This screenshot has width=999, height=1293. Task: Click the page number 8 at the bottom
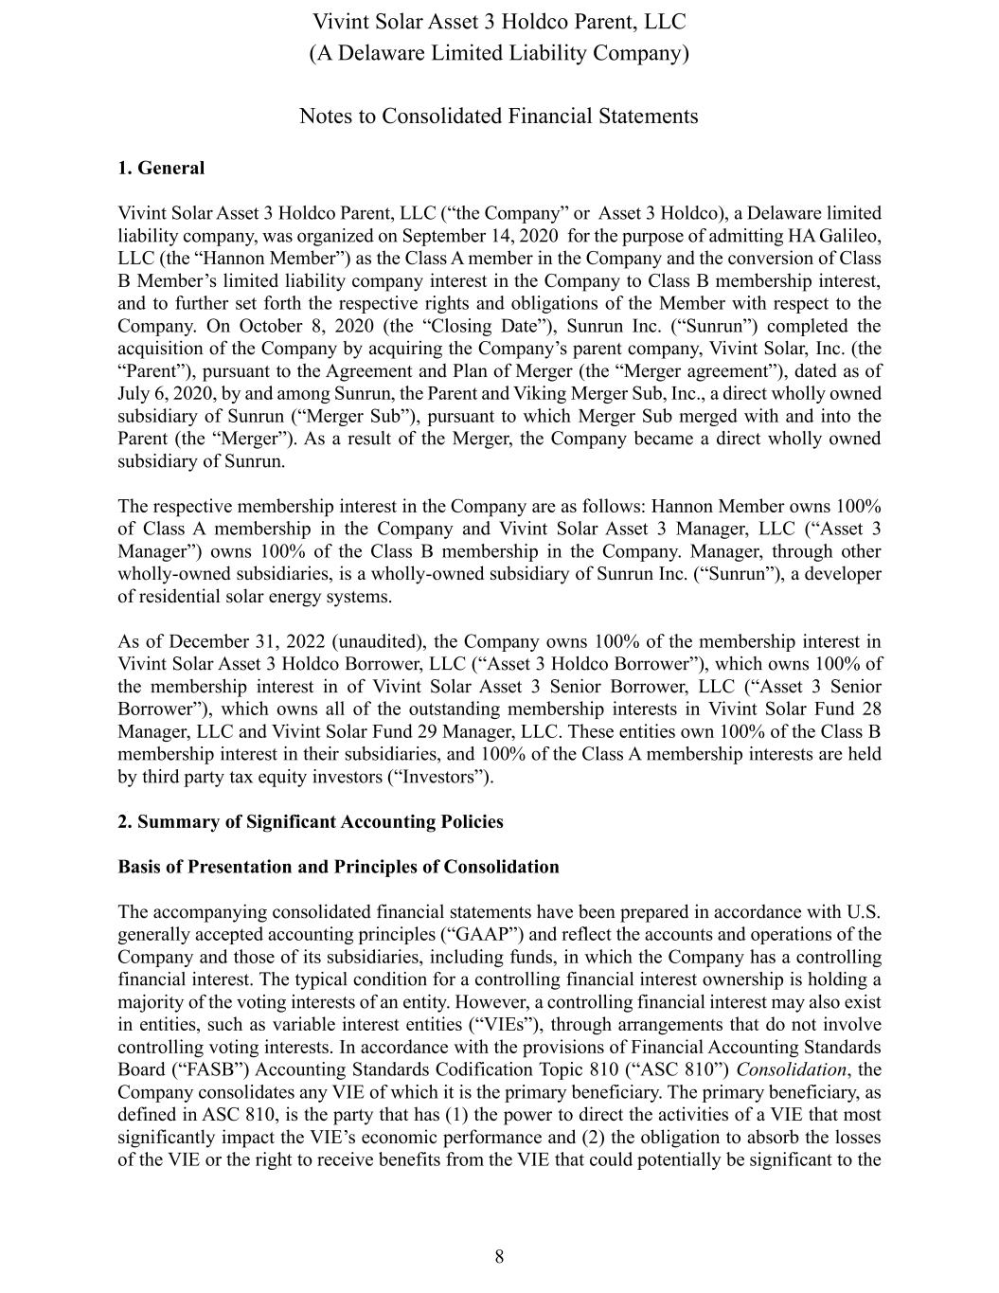click(x=499, y=1257)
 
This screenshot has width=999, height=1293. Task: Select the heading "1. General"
click(x=161, y=169)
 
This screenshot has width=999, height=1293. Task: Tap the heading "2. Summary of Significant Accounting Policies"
click(x=311, y=821)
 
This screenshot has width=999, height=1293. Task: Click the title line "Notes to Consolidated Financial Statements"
click(x=499, y=117)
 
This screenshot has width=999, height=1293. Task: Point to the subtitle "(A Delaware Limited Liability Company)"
click(x=499, y=53)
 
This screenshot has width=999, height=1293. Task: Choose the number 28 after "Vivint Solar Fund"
click(x=871, y=709)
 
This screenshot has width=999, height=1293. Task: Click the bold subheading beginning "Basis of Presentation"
click(x=338, y=867)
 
